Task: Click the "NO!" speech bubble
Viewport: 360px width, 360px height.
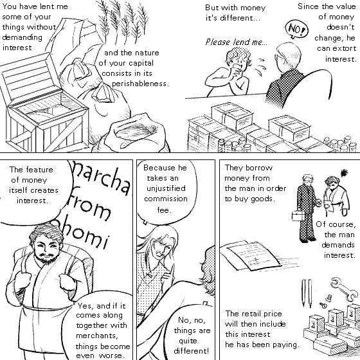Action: pos(296,30)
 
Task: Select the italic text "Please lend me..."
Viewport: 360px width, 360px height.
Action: pos(237,42)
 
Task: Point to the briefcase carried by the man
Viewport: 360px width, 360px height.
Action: pos(298,216)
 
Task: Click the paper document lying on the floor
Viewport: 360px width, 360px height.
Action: pos(251,256)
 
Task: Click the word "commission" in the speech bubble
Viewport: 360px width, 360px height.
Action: pos(166,199)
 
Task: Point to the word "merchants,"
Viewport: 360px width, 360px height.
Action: pos(97,336)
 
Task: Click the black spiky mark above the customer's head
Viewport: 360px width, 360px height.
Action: pos(345,173)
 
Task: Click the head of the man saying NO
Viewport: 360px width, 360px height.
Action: pos(288,57)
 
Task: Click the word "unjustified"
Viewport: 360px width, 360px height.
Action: pos(166,188)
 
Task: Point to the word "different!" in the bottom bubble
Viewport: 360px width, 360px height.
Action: pos(192,351)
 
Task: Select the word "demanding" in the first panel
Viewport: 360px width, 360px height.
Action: pos(22,37)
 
